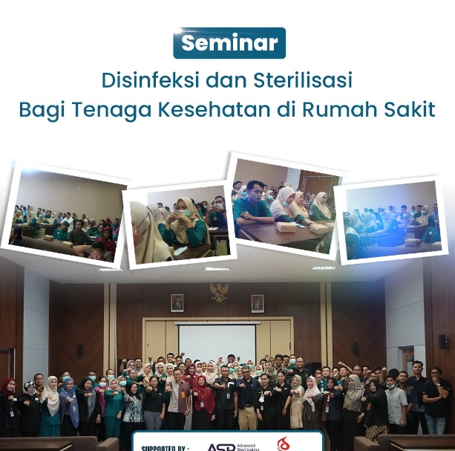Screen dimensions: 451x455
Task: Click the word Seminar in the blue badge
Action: click(x=229, y=43)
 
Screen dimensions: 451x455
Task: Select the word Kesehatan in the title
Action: click(x=243, y=109)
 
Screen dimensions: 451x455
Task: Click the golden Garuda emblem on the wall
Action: click(x=218, y=292)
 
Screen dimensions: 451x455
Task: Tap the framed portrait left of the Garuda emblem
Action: click(x=177, y=302)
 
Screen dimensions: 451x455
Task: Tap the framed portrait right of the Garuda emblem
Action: click(x=258, y=303)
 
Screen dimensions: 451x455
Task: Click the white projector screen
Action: click(x=217, y=344)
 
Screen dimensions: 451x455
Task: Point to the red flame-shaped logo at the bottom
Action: click(x=284, y=444)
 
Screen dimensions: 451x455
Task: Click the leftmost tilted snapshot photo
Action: click(x=67, y=215)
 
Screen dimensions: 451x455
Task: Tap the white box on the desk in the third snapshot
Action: click(x=286, y=228)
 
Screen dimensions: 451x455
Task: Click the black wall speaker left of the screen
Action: click(x=79, y=350)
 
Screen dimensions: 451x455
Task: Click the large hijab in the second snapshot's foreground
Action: click(x=148, y=233)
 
